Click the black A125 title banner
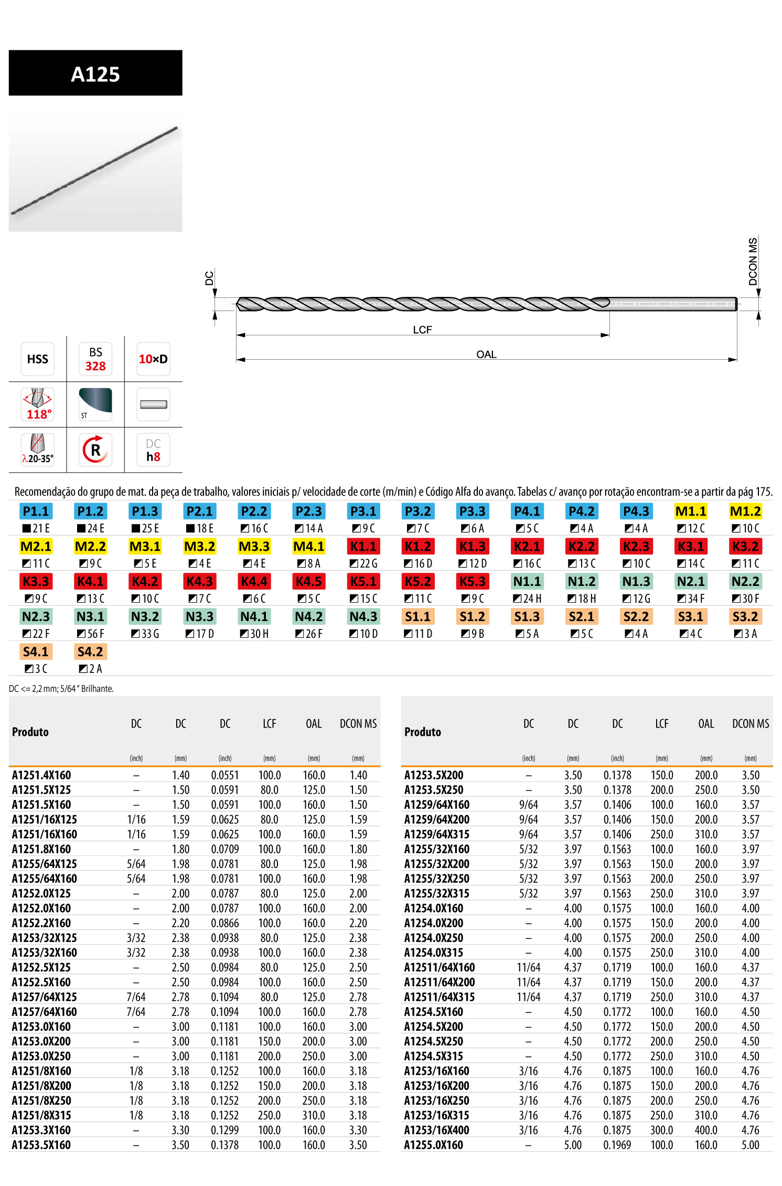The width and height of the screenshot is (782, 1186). coord(95,73)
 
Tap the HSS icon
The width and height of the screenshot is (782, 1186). coord(38,359)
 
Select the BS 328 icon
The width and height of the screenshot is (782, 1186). coord(95,359)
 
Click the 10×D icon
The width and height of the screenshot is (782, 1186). coord(153,359)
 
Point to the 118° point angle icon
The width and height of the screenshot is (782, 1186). coord(38,404)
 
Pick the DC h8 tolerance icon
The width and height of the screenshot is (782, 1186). coord(153,450)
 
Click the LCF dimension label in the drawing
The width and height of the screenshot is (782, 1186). coord(422,329)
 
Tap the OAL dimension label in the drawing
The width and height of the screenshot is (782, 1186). coord(486,354)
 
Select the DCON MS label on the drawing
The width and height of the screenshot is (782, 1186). coord(753,261)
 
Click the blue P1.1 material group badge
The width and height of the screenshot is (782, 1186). coord(36,511)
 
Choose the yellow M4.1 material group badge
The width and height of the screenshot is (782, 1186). coord(309,546)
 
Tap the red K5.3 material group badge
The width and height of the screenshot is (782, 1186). coord(473,581)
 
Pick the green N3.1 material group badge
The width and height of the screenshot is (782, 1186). coord(90,616)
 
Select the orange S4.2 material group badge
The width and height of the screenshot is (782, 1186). coord(90,651)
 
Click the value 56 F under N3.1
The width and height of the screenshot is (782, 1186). coord(91,634)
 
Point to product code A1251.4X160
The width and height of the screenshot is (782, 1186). coord(41,775)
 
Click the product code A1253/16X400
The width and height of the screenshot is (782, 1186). coord(436,1130)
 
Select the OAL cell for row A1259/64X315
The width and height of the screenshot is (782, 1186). coord(706,834)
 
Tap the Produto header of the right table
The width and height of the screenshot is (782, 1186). coord(423,732)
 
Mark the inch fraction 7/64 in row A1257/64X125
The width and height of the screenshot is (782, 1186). coord(136,997)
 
